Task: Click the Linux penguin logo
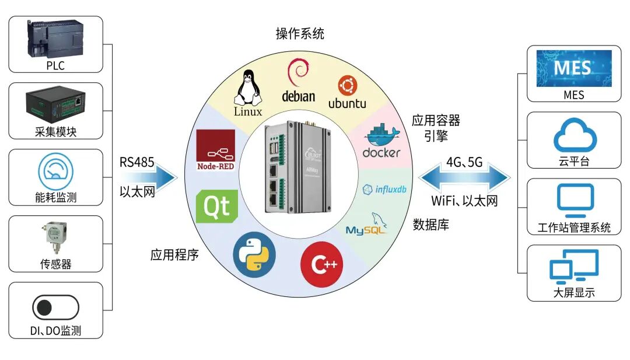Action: pyautogui.click(x=247, y=87)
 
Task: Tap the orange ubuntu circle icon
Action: pyautogui.click(x=348, y=86)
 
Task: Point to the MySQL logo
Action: pyautogui.click(x=367, y=225)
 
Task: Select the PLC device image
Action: pyautogui.click(x=55, y=39)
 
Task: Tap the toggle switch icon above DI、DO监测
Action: pyautogui.click(x=55, y=307)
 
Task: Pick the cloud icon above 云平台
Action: pyautogui.click(x=574, y=136)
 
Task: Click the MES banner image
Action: pyautogui.click(x=574, y=68)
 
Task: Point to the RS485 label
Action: pyautogui.click(x=137, y=163)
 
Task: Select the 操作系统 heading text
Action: pyautogui.click(x=300, y=34)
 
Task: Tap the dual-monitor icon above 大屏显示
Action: pyautogui.click(x=574, y=267)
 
